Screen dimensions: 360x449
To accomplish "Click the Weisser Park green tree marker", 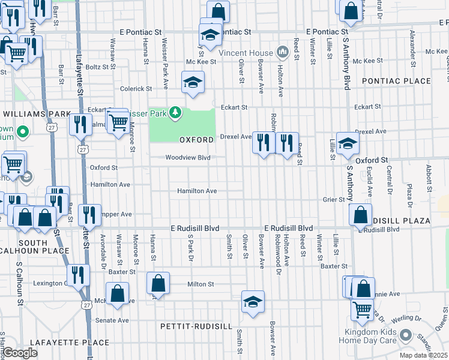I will tap(175, 112).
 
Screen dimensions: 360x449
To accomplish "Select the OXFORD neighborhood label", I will tap(196, 140).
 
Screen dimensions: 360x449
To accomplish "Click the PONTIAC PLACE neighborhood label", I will tap(396, 81).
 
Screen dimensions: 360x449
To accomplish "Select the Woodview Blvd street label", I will tap(188, 158).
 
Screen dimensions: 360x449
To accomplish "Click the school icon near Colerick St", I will tap(193, 82).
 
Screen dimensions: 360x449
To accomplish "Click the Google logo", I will tap(20, 353).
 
